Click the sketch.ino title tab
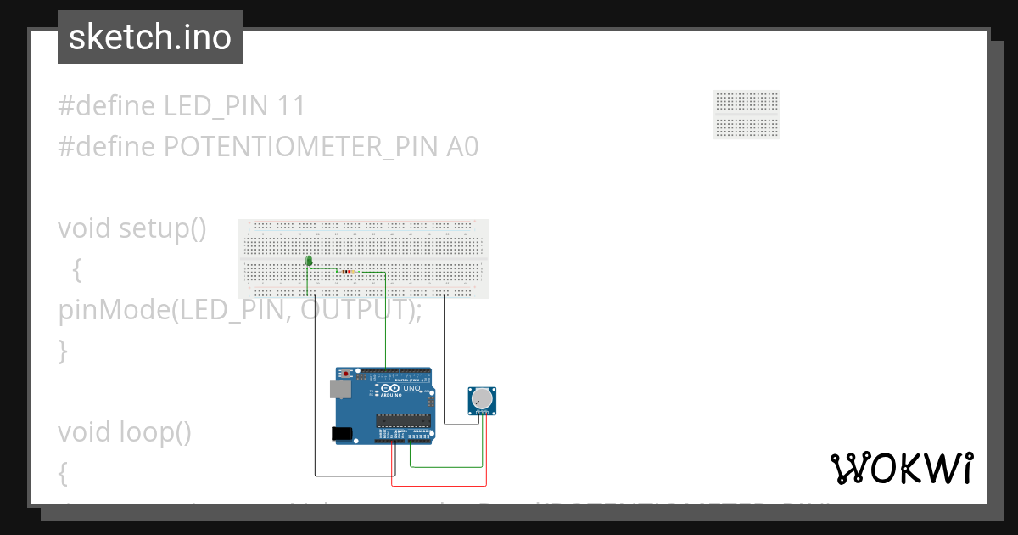[x=150, y=37]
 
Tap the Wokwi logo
[x=901, y=468]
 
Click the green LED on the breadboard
[x=309, y=262]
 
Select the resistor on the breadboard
[x=348, y=272]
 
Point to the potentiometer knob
[x=481, y=398]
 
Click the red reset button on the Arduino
[x=346, y=374]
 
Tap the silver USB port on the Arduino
[x=339, y=389]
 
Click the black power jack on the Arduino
[x=342, y=433]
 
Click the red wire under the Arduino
[x=439, y=486]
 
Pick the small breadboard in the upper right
[x=747, y=114]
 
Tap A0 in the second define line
[x=462, y=147]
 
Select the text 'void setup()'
[x=132, y=228]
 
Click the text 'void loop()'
[x=125, y=432]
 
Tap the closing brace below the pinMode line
[x=63, y=350]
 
